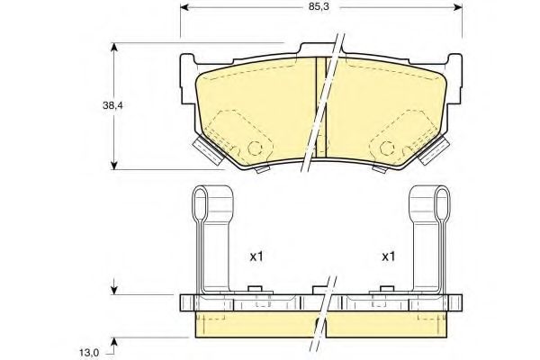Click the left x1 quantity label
click(x=256, y=256)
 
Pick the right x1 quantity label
click(x=389, y=256)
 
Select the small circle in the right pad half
click(x=390, y=148)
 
